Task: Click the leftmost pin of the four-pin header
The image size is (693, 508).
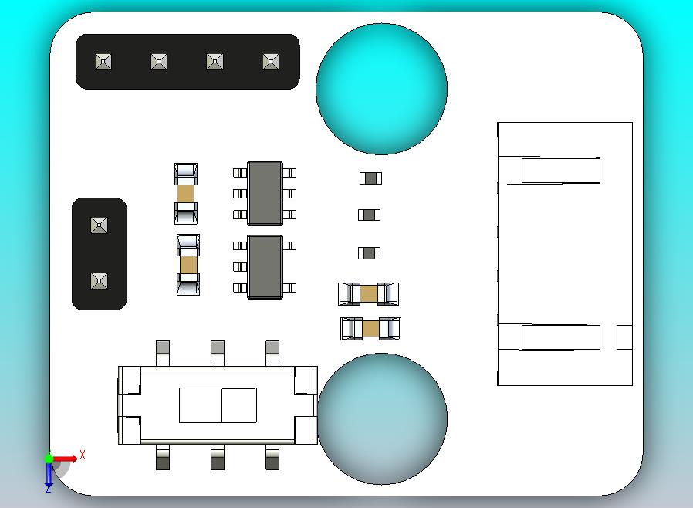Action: [x=103, y=61]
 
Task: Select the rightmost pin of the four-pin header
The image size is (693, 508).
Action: [x=270, y=61]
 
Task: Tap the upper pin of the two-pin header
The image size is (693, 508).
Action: [x=99, y=225]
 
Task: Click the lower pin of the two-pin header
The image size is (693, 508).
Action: [x=99, y=280]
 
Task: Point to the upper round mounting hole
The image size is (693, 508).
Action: [x=381, y=89]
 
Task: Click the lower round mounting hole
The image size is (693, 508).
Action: [x=382, y=418]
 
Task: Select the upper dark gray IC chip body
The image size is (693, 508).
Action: [x=265, y=194]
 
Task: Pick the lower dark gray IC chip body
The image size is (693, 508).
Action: [x=265, y=266]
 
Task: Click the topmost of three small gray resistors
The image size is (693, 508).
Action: [x=370, y=178]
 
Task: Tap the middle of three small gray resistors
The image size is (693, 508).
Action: [x=370, y=215]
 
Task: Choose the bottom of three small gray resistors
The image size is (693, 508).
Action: [x=370, y=252]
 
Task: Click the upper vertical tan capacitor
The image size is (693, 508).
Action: [x=186, y=193]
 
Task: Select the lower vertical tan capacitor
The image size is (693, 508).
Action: [x=188, y=265]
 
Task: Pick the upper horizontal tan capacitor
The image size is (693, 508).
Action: [x=369, y=293]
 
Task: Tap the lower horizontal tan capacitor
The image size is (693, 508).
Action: [x=370, y=329]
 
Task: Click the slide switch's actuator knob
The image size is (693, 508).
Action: [x=238, y=405]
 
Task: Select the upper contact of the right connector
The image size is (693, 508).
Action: [x=560, y=171]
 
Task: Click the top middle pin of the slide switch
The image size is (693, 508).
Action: [x=218, y=352]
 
